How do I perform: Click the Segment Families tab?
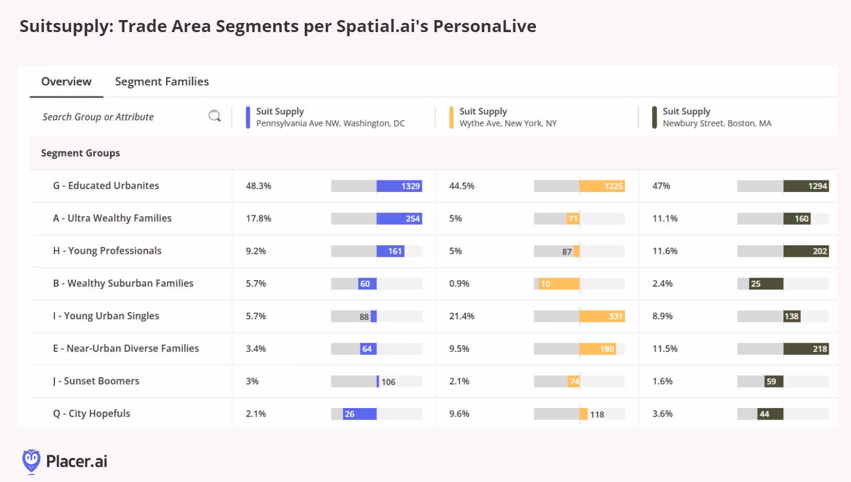tap(162, 81)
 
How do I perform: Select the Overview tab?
tap(66, 81)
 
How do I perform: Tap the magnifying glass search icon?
tap(214, 116)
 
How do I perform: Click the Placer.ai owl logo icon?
tap(31, 461)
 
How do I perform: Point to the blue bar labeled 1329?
tap(399, 186)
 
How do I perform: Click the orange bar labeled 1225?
tap(602, 186)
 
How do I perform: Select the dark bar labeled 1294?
tap(806, 186)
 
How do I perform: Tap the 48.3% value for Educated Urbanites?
tap(258, 186)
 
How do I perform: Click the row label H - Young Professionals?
tap(107, 250)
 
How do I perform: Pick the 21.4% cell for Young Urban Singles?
tap(462, 316)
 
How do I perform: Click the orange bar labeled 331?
tap(602, 316)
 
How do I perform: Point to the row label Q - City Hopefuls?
tap(92, 413)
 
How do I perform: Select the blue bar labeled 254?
tap(399, 218)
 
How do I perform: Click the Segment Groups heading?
tap(80, 153)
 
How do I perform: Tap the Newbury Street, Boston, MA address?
tap(717, 123)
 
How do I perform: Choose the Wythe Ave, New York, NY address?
tap(508, 123)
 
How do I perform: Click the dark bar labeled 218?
tap(806, 348)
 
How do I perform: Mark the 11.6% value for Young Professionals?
tap(665, 251)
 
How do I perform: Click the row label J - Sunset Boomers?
tap(96, 381)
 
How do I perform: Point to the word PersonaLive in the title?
tap(485, 26)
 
